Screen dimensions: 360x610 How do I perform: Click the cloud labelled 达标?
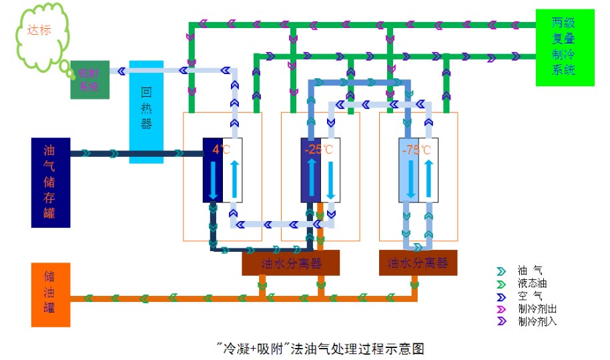click(x=39, y=33)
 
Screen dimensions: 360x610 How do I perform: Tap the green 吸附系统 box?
click(x=89, y=80)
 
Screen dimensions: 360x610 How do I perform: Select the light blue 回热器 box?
click(x=146, y=112)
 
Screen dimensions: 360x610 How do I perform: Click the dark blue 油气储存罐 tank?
click(x=51, y=182)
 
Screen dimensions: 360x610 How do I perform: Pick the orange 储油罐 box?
click(x=51, y=295)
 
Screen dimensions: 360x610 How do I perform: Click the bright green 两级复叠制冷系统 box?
click(x=565, y=47)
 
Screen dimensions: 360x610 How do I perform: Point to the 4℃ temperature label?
click(x=221, y=149)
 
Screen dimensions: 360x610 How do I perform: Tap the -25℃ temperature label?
click(x=318, y=149)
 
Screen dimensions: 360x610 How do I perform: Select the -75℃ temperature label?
click(x=416, y=149)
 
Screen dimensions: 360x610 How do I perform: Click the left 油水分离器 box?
click(x=290, y=263)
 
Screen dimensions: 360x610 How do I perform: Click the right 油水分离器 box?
click(x=418, y=263)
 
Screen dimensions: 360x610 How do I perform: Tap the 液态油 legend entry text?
click(x=533, y=284)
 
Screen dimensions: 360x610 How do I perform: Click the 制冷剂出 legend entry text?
click(x=537, y=309)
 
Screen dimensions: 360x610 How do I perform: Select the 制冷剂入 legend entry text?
click(x=537, y=321)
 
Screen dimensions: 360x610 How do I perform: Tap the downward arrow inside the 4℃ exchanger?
click(x=213, y=180)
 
